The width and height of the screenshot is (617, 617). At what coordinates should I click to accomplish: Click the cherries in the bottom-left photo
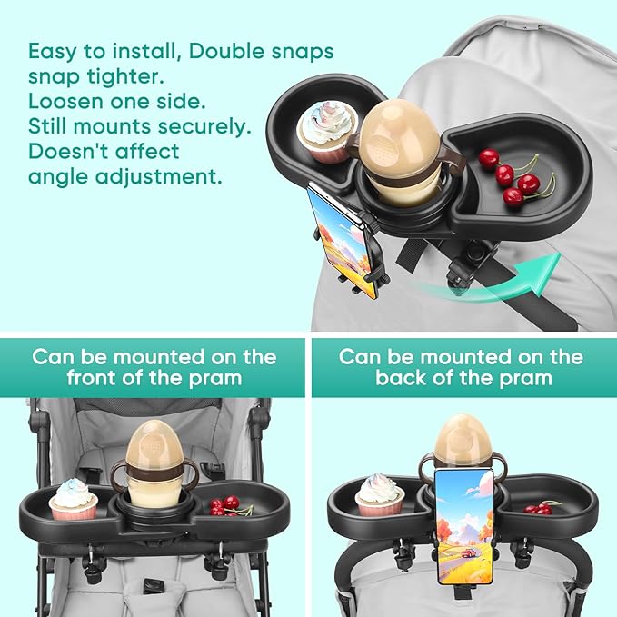[227, 505]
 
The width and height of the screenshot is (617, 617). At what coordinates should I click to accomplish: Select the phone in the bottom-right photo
[463, 524]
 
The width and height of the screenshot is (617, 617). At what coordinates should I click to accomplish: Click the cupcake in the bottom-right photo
[379, 495]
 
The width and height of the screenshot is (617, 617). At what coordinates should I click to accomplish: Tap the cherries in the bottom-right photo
[542, 507]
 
